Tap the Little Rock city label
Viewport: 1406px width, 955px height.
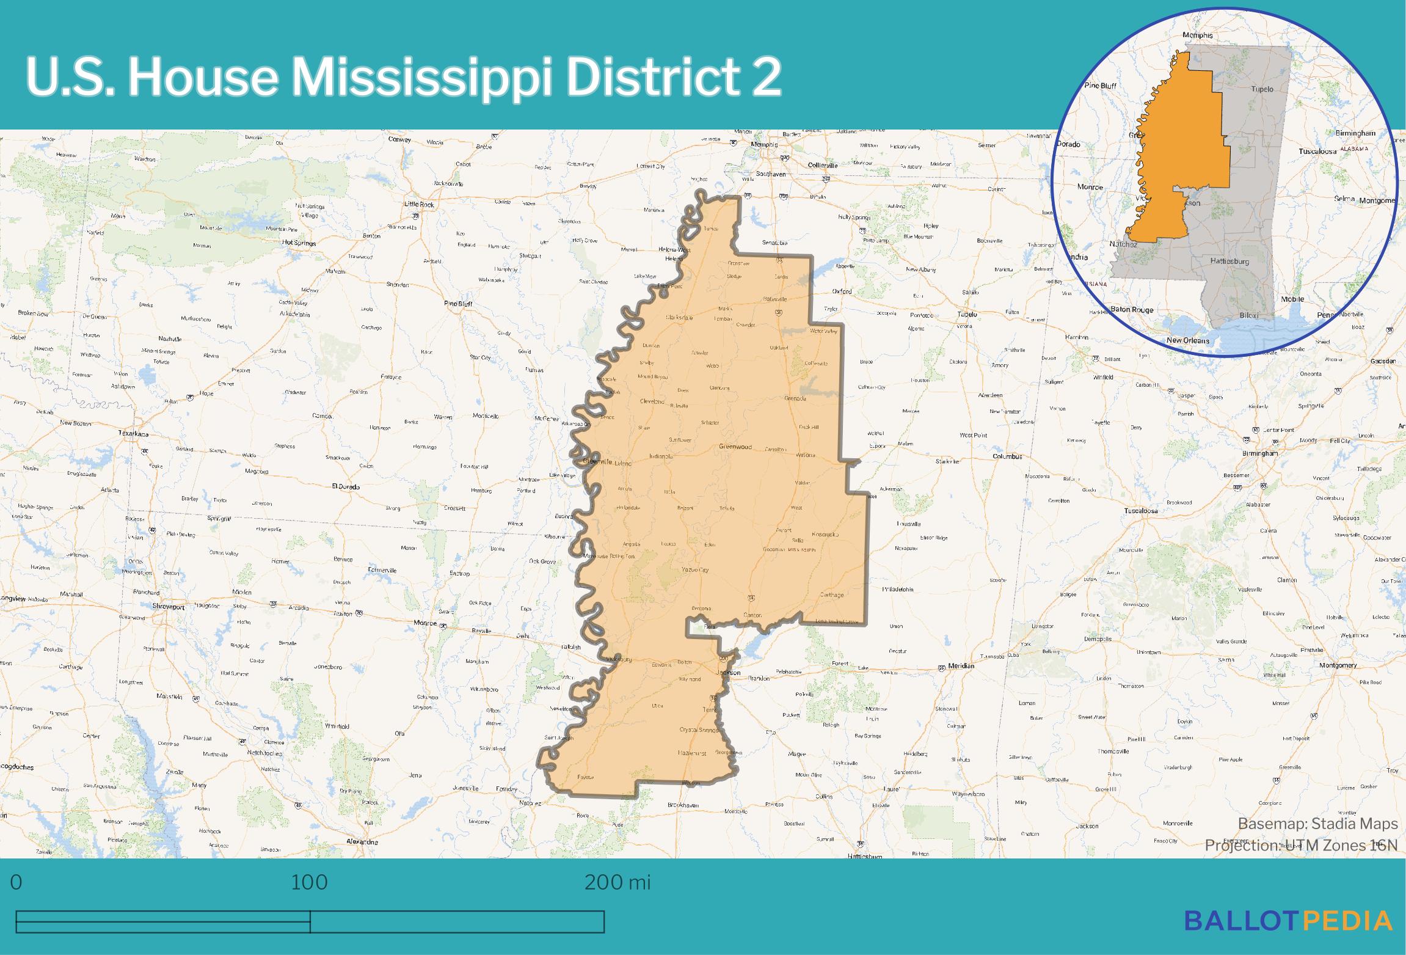coord(418,204)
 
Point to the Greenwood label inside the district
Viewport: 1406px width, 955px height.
coord(735,447)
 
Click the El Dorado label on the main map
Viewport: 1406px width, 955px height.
coord(345,487)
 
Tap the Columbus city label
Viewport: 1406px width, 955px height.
coord(1007,456)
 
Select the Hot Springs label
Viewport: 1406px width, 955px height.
coord(299,243)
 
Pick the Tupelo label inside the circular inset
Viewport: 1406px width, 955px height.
coord(1262,89)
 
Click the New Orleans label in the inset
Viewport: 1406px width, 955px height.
coord(1187,340)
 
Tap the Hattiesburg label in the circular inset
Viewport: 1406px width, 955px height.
coord(1229,261)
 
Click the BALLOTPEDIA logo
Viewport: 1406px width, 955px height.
coord(1289,921)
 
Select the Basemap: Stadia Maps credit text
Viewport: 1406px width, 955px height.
coord(1317,824)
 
